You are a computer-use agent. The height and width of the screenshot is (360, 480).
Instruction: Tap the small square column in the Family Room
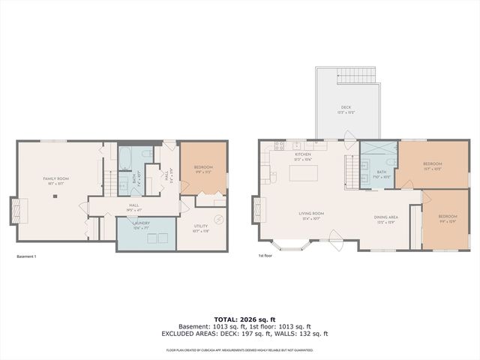(55, 196)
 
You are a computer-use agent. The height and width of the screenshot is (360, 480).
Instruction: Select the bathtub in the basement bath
(125, 160)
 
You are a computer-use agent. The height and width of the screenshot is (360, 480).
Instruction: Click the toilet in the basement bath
(148, 155)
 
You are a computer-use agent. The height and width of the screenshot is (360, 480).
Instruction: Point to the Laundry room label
(142, 223)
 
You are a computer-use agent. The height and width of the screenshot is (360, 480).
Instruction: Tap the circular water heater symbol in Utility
(218, 219)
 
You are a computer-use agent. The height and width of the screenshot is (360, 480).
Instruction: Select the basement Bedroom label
(203, 169)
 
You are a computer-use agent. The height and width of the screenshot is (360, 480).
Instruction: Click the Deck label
(346, 109)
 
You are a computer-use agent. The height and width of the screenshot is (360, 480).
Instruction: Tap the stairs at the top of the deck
(359, 75)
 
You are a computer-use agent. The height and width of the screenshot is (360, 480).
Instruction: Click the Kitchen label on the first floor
(303, 155)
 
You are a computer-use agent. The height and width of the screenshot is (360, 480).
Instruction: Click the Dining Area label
(386, 220)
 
